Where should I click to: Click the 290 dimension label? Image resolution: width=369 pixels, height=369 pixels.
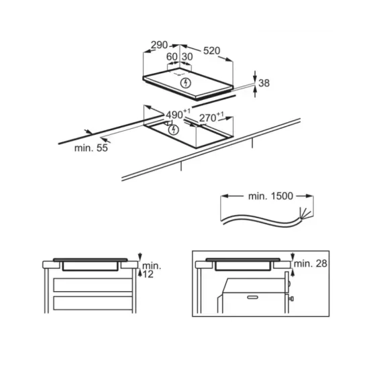(159, 45)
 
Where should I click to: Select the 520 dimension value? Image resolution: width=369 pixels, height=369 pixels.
(211, 50)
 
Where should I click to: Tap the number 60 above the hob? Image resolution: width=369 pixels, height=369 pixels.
(172, 57)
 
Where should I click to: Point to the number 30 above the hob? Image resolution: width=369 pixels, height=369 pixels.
(187, 57)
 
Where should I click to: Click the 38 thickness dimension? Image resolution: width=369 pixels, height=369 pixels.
(264, 83)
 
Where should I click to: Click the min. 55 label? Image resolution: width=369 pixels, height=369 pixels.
(91, 148)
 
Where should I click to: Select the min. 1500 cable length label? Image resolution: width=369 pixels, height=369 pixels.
(270, 196)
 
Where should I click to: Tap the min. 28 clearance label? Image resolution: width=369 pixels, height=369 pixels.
(311, 264)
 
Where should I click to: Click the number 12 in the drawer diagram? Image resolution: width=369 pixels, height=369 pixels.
(148, 274)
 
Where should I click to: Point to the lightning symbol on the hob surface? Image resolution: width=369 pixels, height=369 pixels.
(186, 83)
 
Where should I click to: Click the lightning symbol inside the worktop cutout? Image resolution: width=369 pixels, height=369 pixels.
(174, 129)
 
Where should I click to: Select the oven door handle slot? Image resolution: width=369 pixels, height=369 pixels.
(252, 297)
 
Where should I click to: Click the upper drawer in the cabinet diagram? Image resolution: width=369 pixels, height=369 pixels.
(93, 285)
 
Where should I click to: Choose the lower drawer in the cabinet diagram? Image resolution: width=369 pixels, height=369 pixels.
(93, 303)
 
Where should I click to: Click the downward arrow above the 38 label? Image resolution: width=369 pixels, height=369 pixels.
(256, 76)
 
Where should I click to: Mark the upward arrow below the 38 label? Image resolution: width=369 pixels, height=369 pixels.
(256, 91)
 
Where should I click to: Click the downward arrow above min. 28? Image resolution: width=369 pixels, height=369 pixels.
(293, 256)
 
